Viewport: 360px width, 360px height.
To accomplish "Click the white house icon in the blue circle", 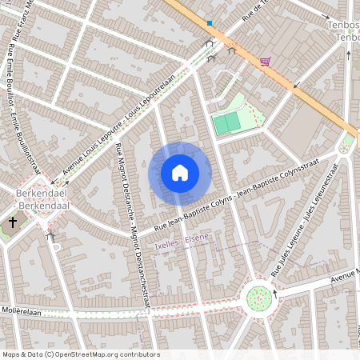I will (180, 173).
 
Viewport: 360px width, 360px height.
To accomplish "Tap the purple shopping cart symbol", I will (264, 61).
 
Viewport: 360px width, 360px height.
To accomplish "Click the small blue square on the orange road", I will (210, 23).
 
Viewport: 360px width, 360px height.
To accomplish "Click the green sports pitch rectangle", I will (226, 122).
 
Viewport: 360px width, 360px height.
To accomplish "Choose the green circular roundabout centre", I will (258, 298).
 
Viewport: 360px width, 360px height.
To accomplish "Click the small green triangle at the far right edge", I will (346, 146).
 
